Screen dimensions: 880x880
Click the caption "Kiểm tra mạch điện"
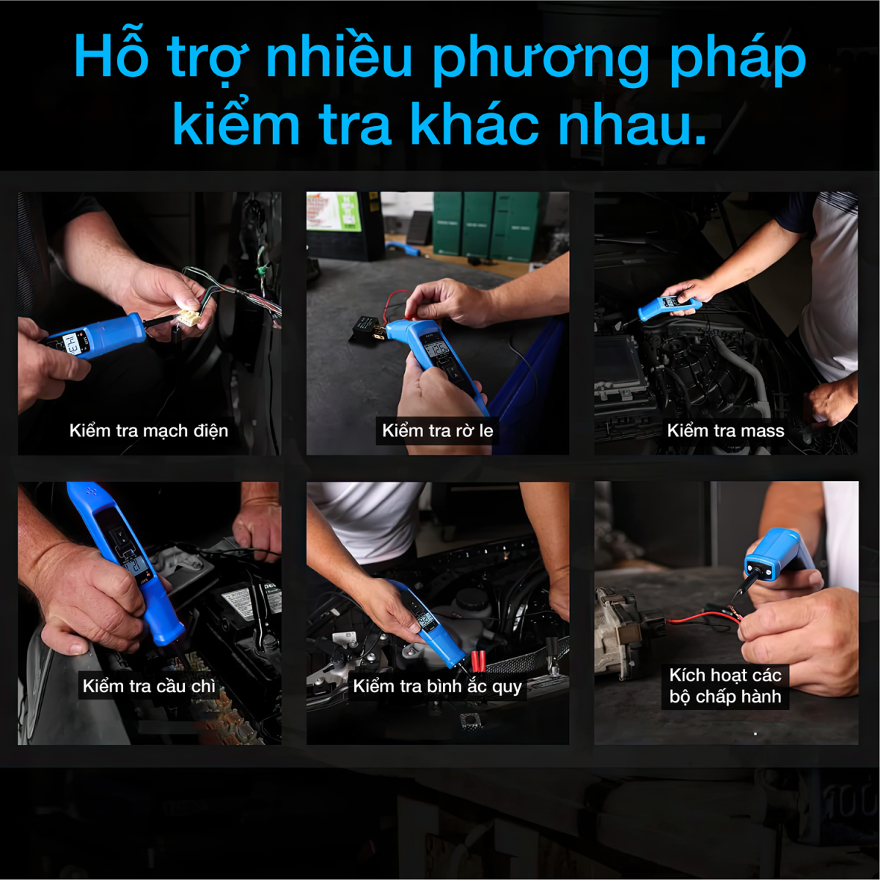click(x=149, y=431)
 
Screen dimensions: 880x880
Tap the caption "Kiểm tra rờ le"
click(x=438, y=430)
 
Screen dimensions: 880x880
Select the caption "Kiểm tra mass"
click(x=726, y=430)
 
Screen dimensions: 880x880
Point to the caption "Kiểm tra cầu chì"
click(x=149, y=686)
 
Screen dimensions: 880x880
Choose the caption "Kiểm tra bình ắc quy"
click(x=438, y=686)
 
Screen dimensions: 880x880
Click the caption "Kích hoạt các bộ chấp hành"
click(x=726, y=686)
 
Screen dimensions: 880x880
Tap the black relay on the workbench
click(x=366, y=328)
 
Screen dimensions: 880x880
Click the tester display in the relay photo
click(x=436, y=351)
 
